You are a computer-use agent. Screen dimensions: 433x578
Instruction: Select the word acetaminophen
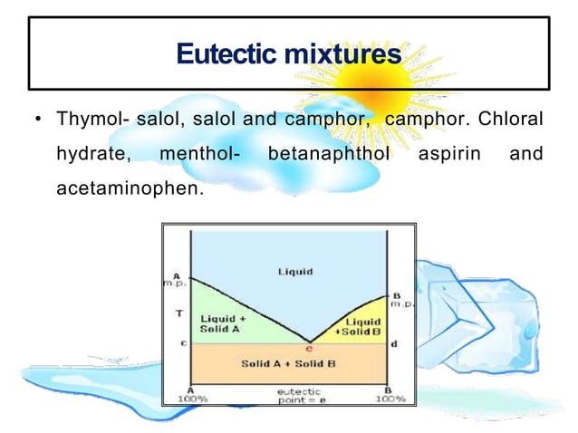(126, 190)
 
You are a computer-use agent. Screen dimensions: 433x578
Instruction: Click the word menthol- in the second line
(199, 155)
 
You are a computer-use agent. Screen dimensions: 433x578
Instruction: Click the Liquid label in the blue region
(295, 271)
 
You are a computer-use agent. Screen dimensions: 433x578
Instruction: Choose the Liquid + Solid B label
(363, 327)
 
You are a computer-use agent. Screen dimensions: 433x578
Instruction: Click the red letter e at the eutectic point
(309, 347)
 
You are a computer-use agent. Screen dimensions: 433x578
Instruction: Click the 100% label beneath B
(390, 398)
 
